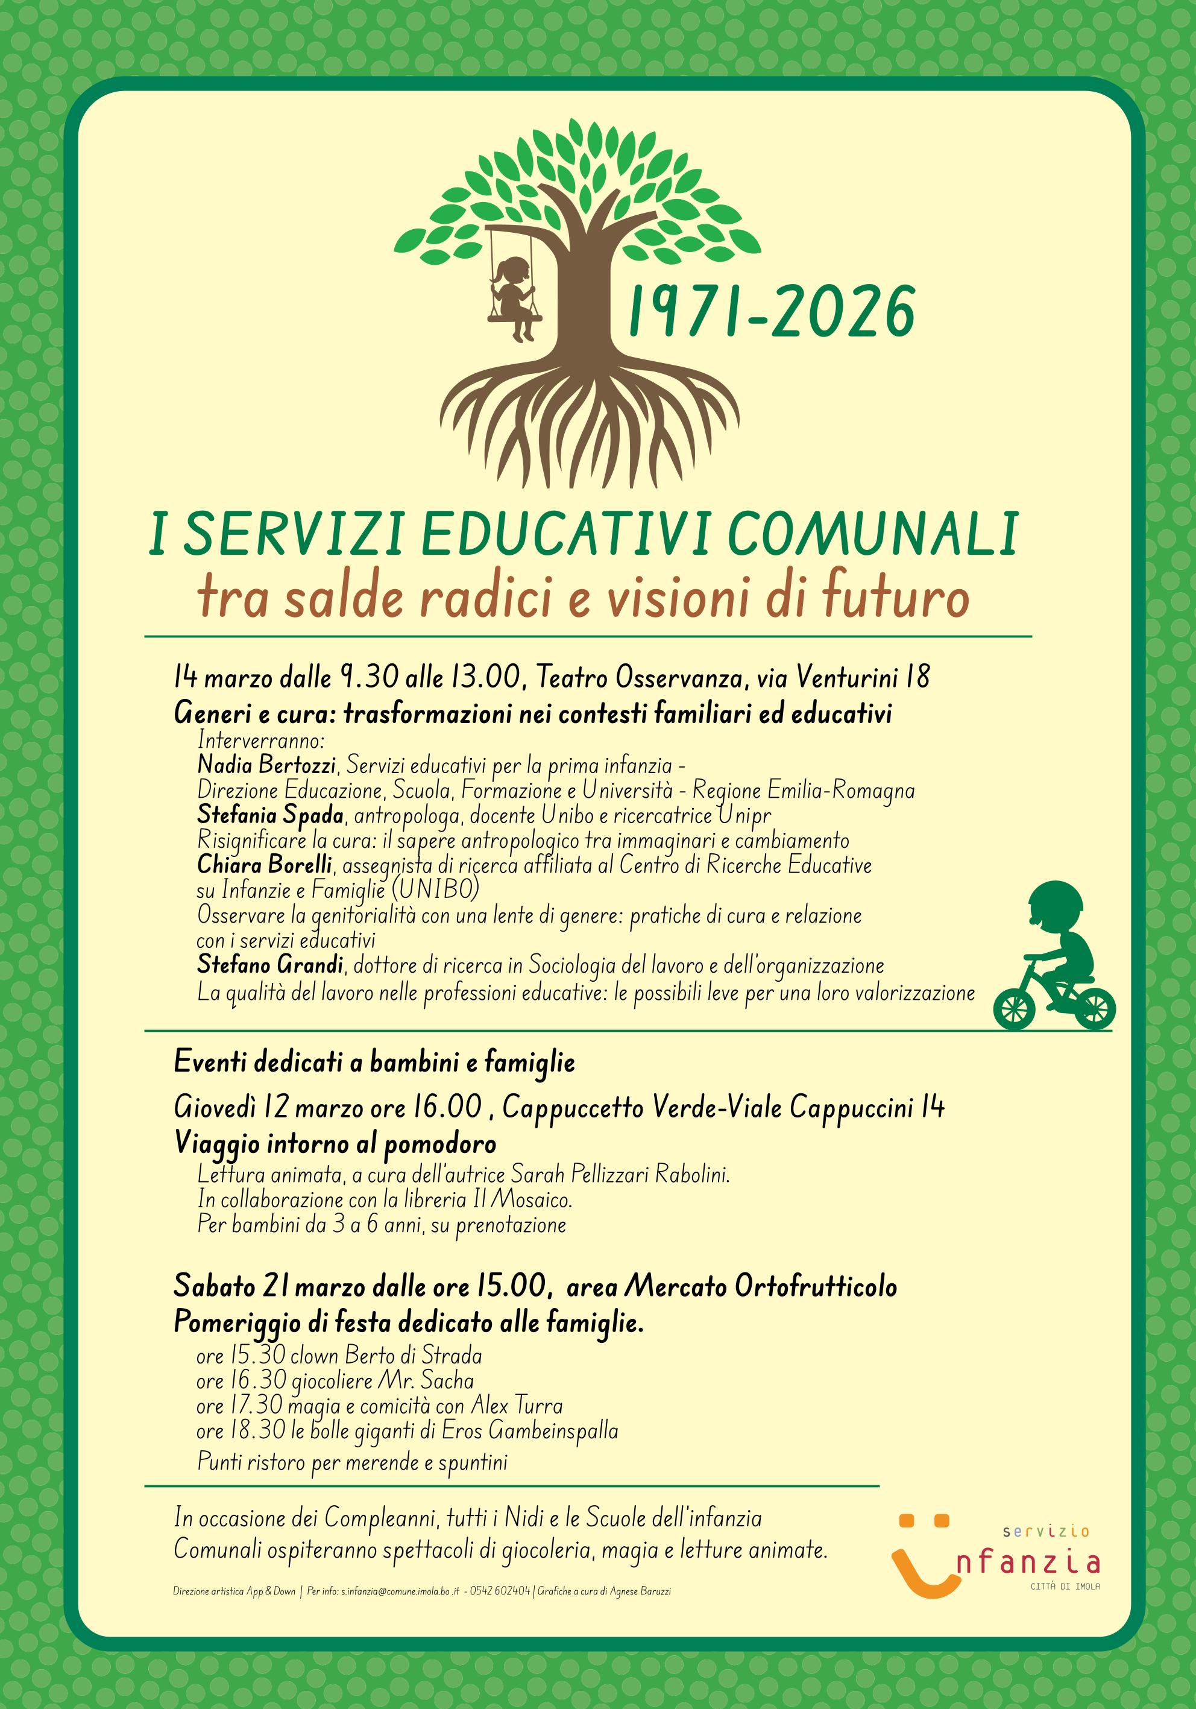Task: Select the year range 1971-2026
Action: pyautogui.click(x=771, y=312)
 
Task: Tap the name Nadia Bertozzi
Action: pyautogui.click(x=266, y=765)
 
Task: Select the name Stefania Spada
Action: pyautogui.click(x=270, y=815)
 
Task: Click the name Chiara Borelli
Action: pyautogui.click(x=264, y=865)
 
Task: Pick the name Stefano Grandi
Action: pyautogui.click(x=270, y=965)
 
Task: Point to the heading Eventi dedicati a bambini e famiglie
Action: pyautogui.click(x=374, y=1062)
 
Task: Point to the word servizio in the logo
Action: pyautogui.click(x=1046, y=1531)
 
